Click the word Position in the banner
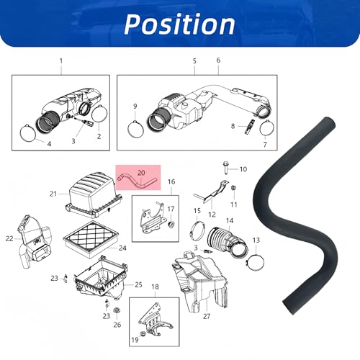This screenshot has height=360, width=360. click(x=179, y=24)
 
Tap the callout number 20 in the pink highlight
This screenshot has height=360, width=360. click(x=141, y=173)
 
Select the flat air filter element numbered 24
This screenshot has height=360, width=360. click(x=91, y=240)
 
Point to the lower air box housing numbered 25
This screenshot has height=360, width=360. click(x=100, y=278)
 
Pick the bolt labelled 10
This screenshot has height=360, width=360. click(x=225, y=168)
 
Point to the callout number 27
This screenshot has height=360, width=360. click(x=207, y=316)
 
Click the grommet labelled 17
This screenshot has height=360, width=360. click(x=171, y=225)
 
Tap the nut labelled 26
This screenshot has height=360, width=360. click(x=117, y=310)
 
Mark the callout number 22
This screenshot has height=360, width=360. click(x=9, y=238)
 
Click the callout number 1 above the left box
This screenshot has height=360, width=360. click(x=61, y=61)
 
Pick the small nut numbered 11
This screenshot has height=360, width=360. click(x=233, y=188)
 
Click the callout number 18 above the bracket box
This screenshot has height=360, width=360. click(x=155, y=287)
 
